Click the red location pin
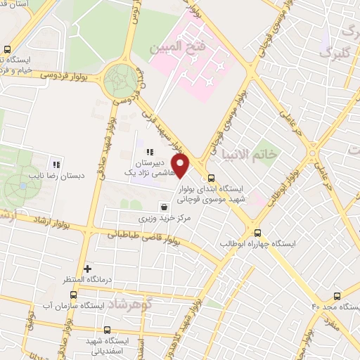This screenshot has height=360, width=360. click(182, 167)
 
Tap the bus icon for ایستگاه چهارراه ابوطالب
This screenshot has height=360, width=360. click(257, 233)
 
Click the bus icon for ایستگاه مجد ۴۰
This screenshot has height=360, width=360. click(337, 296)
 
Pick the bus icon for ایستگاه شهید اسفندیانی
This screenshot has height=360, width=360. click(106, 329)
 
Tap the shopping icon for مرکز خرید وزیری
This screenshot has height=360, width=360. click(164, 207)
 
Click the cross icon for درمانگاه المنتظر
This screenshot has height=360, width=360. click(87, 269)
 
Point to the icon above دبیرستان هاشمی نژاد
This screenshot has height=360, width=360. click(149, 152)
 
